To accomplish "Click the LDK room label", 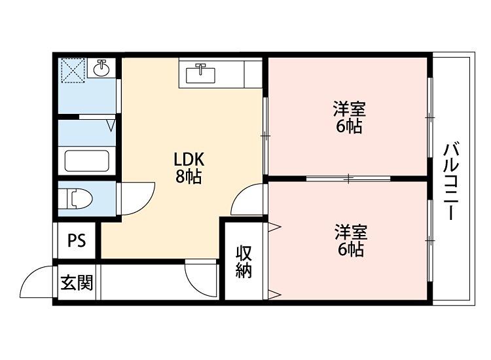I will click(189, 160).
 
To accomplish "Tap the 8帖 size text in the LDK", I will click(189, 177).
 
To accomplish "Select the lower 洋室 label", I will click(350, 232).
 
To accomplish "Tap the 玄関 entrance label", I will click(77, 283).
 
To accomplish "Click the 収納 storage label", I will click(244, 261).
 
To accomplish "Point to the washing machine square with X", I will click(72, 69).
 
